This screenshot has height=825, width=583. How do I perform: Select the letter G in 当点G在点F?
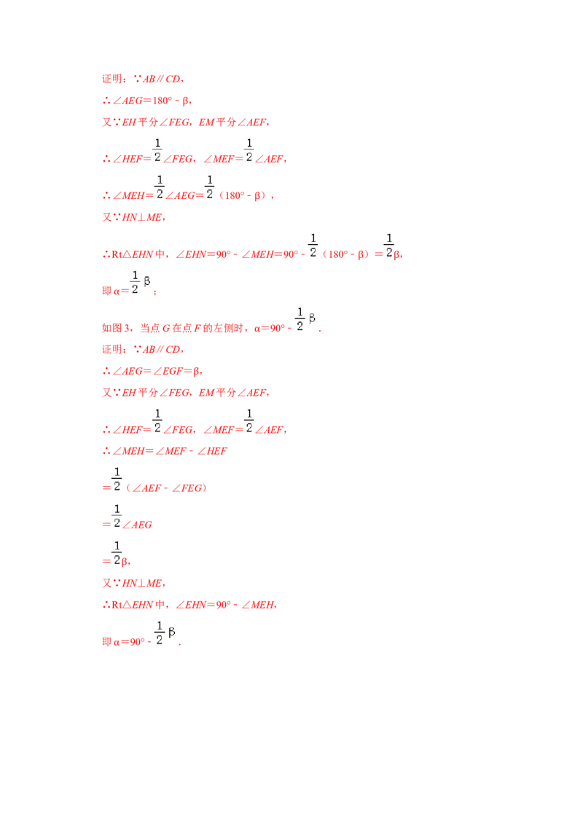(x=165, y=328)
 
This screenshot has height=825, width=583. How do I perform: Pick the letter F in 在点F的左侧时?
(x=197, y=328)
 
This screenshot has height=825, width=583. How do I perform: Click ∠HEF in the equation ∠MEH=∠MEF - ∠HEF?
(x=212, y=451)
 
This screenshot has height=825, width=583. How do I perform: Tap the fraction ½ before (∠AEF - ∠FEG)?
(x=117, y=480)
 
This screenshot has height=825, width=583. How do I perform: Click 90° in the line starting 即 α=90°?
(x=137, y=642)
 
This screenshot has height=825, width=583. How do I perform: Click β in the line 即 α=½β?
(x=146, y=281)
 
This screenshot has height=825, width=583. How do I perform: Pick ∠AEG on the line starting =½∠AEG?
(x=137, y=525)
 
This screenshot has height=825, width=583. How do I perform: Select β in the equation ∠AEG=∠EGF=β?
(x=197, y=372)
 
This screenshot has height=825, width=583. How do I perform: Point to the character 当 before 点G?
(x=145, y=328)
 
